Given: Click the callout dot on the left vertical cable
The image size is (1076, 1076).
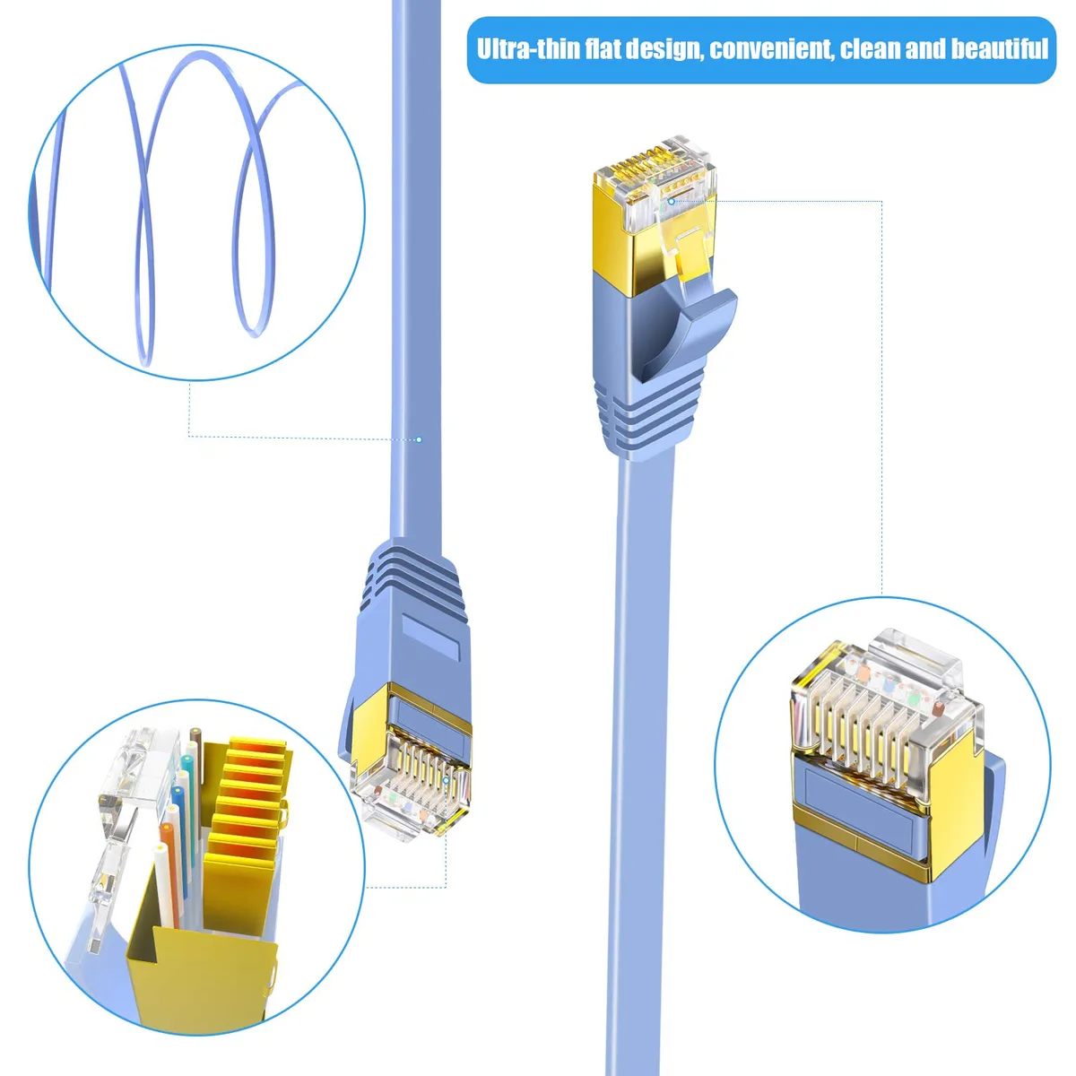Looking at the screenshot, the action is tap(420, 440).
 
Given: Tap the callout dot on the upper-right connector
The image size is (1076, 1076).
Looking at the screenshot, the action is tap(672, 201).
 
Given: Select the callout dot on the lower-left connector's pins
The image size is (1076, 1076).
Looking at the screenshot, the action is tap(446, 780).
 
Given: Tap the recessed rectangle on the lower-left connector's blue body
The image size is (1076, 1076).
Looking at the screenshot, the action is tap(431, 637).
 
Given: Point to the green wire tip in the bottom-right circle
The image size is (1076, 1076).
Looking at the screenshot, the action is tap(914, 699).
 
